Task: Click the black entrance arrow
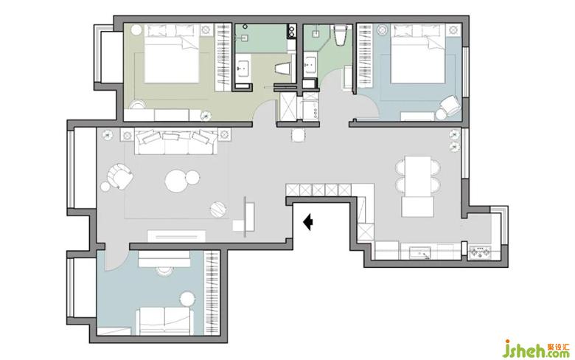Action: (307, 222)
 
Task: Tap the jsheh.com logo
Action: (536, 349)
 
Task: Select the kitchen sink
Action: (420, 252)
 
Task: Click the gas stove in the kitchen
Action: (481, 252)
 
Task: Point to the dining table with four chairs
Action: (418, 176)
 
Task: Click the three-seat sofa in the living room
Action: (176, 142)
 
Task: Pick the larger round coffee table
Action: (176, 181)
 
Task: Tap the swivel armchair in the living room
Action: (120, 176)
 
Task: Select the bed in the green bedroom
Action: (172, 54)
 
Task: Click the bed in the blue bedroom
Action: (419, 54)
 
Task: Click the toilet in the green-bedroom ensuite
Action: (283, 69)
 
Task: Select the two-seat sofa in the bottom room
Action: (164, 321)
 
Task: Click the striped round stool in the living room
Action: (218, 210)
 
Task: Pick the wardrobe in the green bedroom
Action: (223, 58)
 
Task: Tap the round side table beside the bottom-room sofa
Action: (187, 299)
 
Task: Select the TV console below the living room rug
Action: (176, 236)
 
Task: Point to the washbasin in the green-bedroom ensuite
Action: (242, 68)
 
